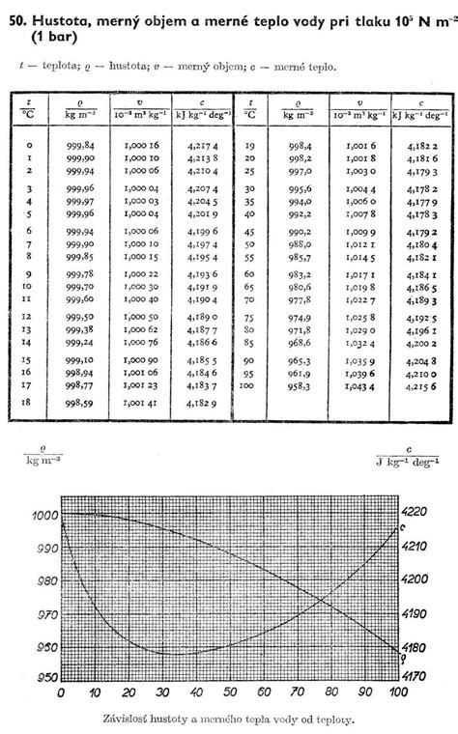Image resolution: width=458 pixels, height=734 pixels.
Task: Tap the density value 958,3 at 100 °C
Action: (297, 385)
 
